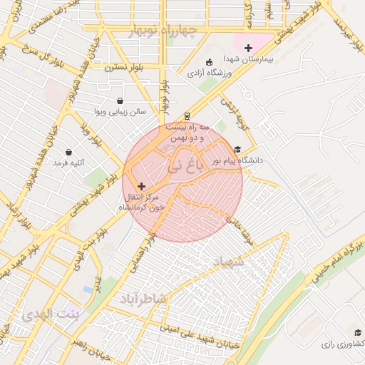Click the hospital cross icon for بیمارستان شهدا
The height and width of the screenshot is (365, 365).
coord(248,48)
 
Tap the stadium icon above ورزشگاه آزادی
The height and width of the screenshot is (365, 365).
coord(208,62)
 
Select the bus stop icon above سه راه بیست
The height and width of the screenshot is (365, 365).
coord(187,115)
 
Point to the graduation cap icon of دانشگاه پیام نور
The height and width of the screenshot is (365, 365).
coord(237,150)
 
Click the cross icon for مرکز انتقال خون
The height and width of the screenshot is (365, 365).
coord(140,185)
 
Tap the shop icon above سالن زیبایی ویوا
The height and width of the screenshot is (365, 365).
coord(120,101)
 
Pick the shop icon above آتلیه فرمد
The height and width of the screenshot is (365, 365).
coord(68,152)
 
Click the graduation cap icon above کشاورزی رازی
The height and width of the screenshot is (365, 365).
coord(358,333)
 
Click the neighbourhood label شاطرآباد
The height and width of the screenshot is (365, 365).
coord(143,298)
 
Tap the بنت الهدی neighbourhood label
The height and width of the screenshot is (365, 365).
coord(51,314)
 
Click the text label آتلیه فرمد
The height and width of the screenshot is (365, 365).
coord(68,163)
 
